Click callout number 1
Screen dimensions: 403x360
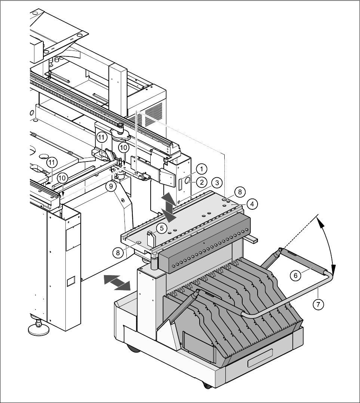(201, 169)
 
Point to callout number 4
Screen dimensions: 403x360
(252, 204)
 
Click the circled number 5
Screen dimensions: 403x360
(161, 227)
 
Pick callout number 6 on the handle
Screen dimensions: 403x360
(295, 275)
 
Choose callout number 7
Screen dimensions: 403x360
(318, 304)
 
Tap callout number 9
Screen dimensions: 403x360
(111, 186)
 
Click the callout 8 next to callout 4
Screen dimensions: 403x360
(240, 192)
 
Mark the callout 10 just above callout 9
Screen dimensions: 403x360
(123, 148)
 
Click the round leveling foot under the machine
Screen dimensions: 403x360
(38, 329)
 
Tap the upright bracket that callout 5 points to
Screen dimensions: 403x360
(151, 239)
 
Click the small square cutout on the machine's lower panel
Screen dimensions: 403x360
(70, 281)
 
